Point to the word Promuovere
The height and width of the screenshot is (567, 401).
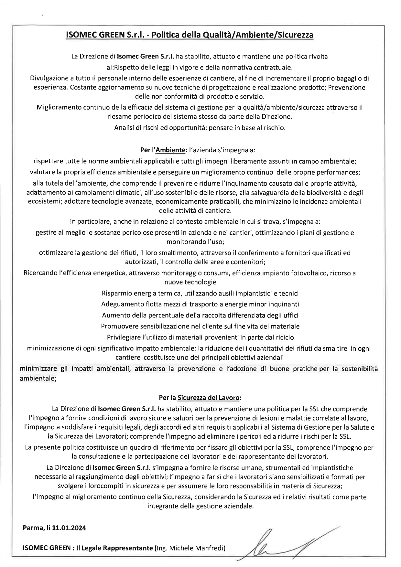116,326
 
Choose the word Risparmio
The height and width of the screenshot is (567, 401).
115,293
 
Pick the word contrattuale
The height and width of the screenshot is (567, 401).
275,67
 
